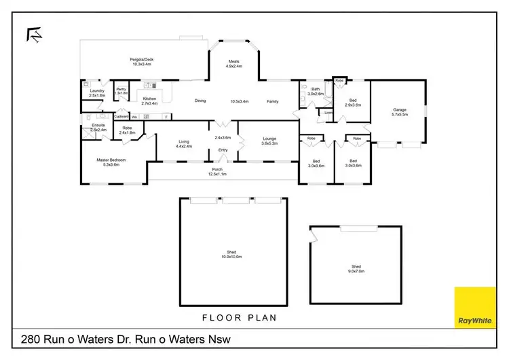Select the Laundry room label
96,93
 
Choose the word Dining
200,101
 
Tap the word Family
272,101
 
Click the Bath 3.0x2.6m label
316,91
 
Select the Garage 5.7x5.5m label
400,112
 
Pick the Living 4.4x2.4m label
184,144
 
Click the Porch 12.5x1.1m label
217,172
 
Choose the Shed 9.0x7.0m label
356,269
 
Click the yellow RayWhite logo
474,307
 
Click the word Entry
223,151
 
